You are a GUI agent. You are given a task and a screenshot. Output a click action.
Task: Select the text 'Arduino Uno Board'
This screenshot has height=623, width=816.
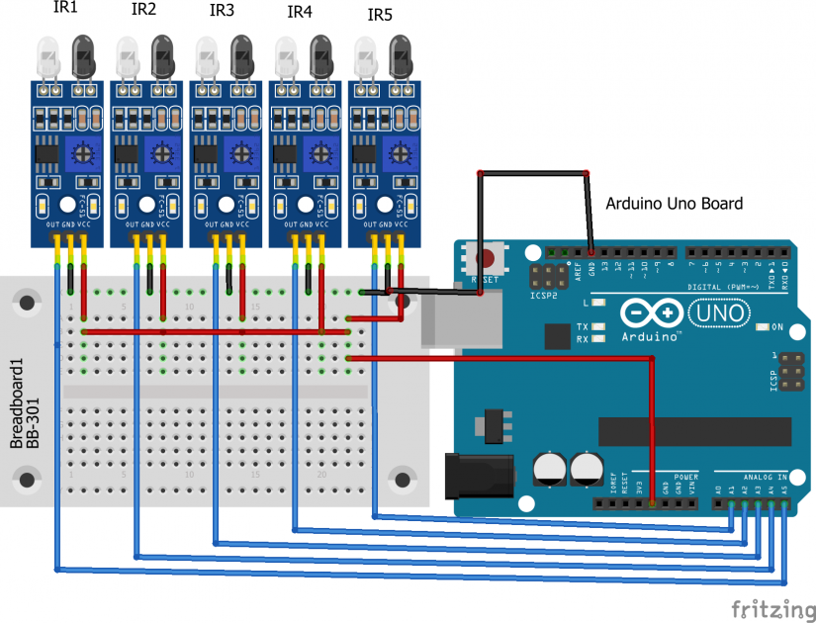(x=674, y=204)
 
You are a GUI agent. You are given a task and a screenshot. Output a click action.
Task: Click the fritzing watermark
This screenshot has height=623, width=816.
(x=769, y=606)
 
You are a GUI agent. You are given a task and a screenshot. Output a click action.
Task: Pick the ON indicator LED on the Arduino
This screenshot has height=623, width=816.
(x=761, y=326)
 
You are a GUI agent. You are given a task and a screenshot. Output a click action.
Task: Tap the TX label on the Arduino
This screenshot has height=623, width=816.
(x=584, y=326)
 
